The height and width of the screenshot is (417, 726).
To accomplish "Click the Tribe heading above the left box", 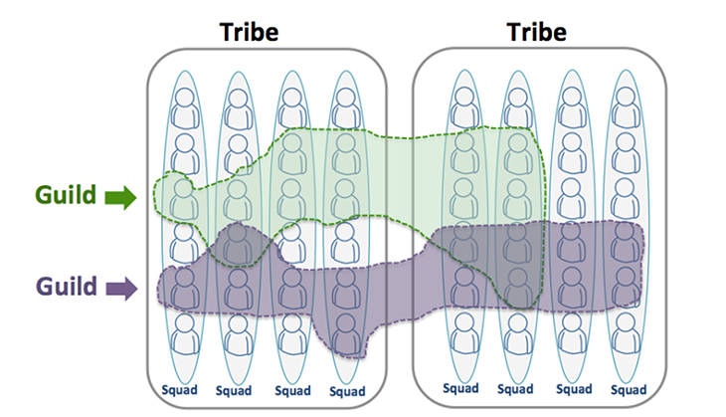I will [249, 31].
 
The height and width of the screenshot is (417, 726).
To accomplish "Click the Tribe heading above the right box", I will [536, 31].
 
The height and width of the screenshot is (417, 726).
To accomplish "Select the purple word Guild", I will [67, 287].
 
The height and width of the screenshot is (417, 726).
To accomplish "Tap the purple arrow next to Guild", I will [120, 288].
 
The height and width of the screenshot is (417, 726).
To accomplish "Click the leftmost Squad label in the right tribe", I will [462, 387].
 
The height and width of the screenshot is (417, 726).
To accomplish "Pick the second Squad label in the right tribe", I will [516, 387].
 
